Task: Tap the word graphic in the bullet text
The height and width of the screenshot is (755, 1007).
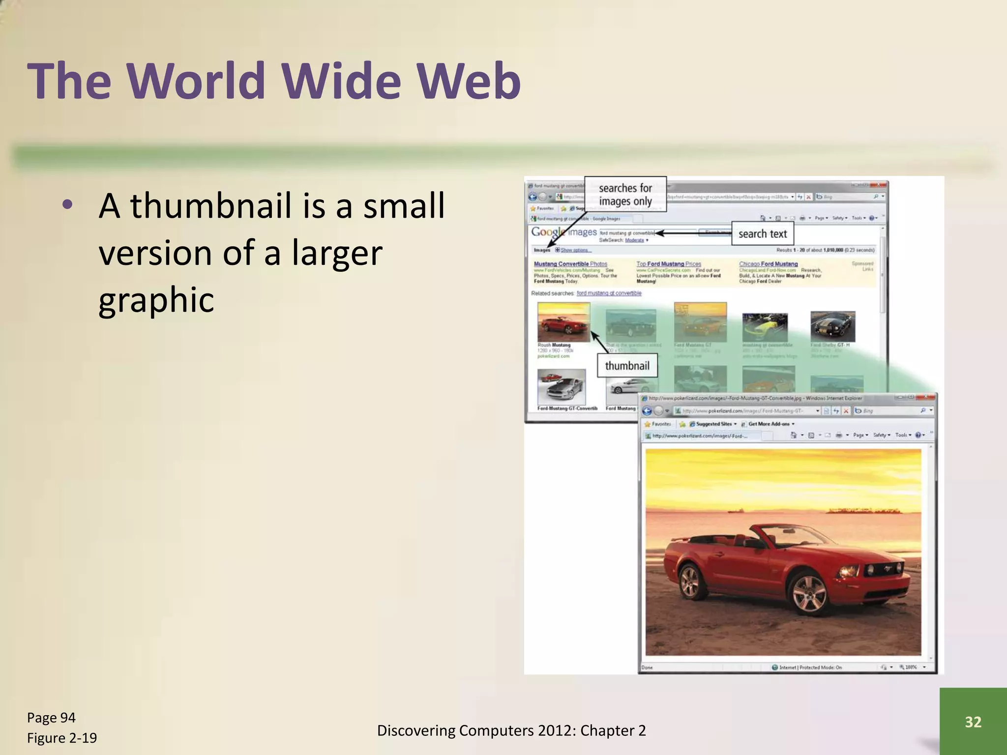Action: pyautogui.click(x=156, y=300)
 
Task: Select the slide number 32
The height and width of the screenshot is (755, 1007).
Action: pyautogui.click(x=973, y=722)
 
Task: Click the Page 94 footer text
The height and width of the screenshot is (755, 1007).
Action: pyautogui.click(x=51, y=718)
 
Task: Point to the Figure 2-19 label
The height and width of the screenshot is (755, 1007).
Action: pyautogui.click(x=62, y=738)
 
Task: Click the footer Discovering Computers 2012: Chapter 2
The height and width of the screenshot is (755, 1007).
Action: pyautogui.click(x=511, y=730)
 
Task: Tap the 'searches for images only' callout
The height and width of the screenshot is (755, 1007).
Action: pyautogui.click(x=625, y=195)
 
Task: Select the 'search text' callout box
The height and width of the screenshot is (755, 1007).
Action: pyautogui.click(x=762, y=234)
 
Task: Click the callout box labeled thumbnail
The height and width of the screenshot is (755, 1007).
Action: pyautogui.click(x=627, y=366)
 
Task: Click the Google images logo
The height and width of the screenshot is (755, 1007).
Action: pyautogui.click(x=563, y=232)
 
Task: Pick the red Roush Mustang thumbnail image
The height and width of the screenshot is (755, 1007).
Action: pyautogui.click(x=563, y=322)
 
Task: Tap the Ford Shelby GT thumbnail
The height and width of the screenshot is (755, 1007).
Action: pyautogui.click(x=832, y=326)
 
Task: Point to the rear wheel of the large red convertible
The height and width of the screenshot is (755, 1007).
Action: pyautogui.click(x=689, y=582)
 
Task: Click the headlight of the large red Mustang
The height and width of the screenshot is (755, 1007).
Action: pyautogui.click(x=848, y=572)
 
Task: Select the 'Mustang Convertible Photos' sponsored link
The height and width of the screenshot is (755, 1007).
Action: pyautogui.click(x=570, y=264)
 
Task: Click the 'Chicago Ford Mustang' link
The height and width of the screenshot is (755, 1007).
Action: pyautogui.click(x=768, y=264)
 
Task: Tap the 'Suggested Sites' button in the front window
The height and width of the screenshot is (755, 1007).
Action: pyautogui.click(x=713, y=424)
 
